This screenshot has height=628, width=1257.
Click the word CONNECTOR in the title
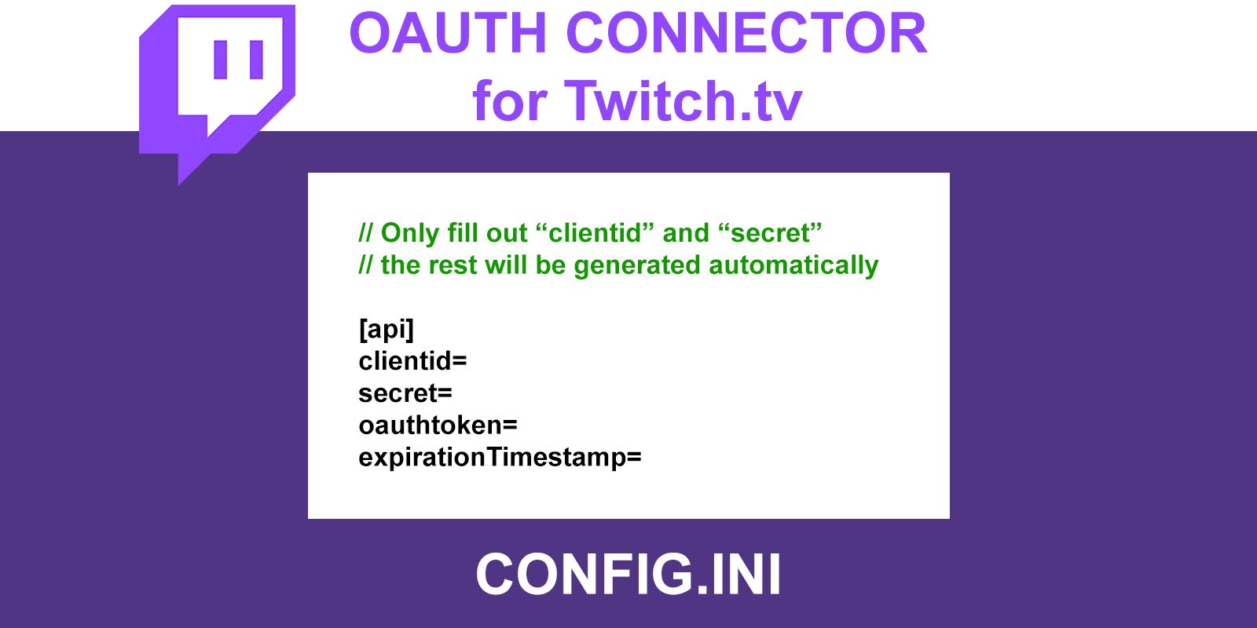[x=746, y=33]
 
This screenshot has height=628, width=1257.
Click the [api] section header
[x=386, y=329]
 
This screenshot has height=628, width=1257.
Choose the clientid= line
[x=412, y=360]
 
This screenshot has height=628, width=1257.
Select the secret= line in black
[x=405, y=393]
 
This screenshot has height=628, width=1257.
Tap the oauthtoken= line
[x=438, y=425]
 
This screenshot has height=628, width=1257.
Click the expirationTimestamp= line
[x=500, y=458]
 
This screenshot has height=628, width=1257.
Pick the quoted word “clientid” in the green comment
[x=595, y=232]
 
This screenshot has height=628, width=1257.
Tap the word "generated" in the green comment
[x=637, y=266]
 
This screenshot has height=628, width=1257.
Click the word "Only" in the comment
[x=409, y=233]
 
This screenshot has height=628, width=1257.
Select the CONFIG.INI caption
[x=628, y=574]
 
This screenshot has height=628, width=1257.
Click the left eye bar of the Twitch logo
[x=221, y=60]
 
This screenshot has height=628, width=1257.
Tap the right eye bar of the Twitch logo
[x=256, y=60]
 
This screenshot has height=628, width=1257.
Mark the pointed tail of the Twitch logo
[x=180, y=184]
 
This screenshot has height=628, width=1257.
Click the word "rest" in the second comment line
[x=453, y=265]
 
